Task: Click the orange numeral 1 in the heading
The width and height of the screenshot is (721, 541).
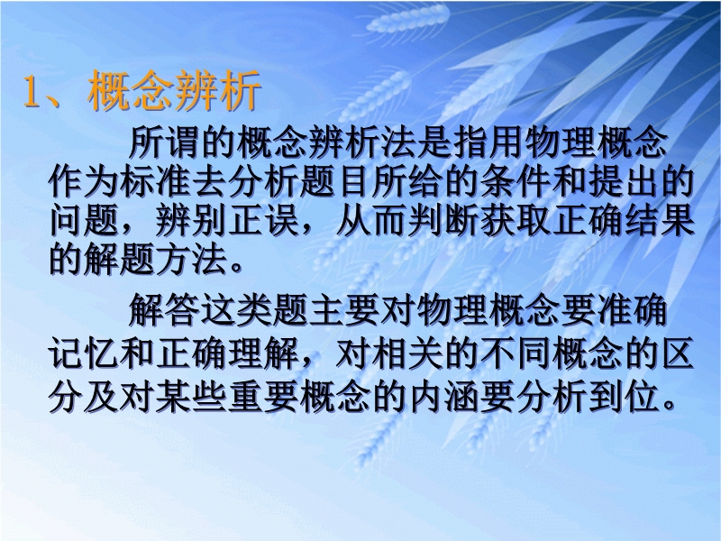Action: tap(32, 92)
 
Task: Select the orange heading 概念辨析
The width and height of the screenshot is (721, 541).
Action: tap(174, 91)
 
